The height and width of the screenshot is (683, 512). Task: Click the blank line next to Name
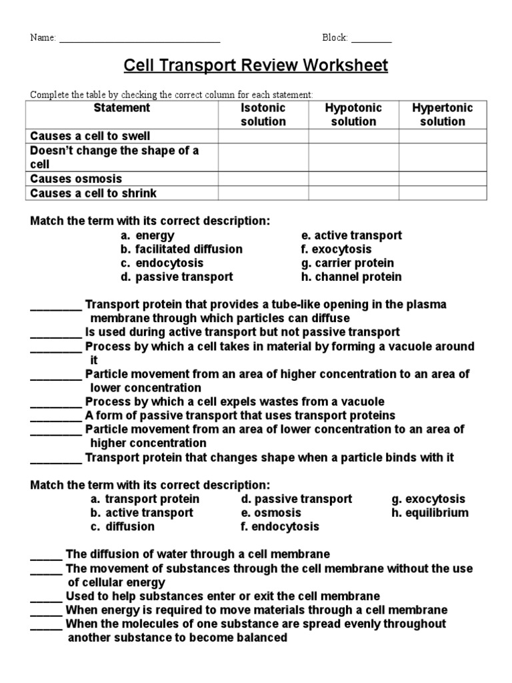[x=140, y=39]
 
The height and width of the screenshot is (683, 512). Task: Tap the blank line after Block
[x=371, y=39]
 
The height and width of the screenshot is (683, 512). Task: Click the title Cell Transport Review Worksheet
[x=255, y=66]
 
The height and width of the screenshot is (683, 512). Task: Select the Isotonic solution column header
[x=263, y=115]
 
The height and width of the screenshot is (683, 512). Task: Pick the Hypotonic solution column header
[x=353, y=115]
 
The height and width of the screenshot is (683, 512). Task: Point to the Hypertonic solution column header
[x=443, y=115]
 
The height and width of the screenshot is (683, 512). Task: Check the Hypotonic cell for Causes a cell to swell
[x=353, y=136]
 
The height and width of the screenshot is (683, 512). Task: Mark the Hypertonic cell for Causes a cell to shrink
[x=443, y=193]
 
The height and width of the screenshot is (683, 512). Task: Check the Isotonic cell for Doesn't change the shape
[x=263, y=157]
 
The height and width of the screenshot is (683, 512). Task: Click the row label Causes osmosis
[x=76, y=179]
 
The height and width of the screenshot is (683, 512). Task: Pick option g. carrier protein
[x=347, y=263]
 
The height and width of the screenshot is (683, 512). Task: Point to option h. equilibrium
[x=430, y=513]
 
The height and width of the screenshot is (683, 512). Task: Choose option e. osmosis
[x=271, y=513]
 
